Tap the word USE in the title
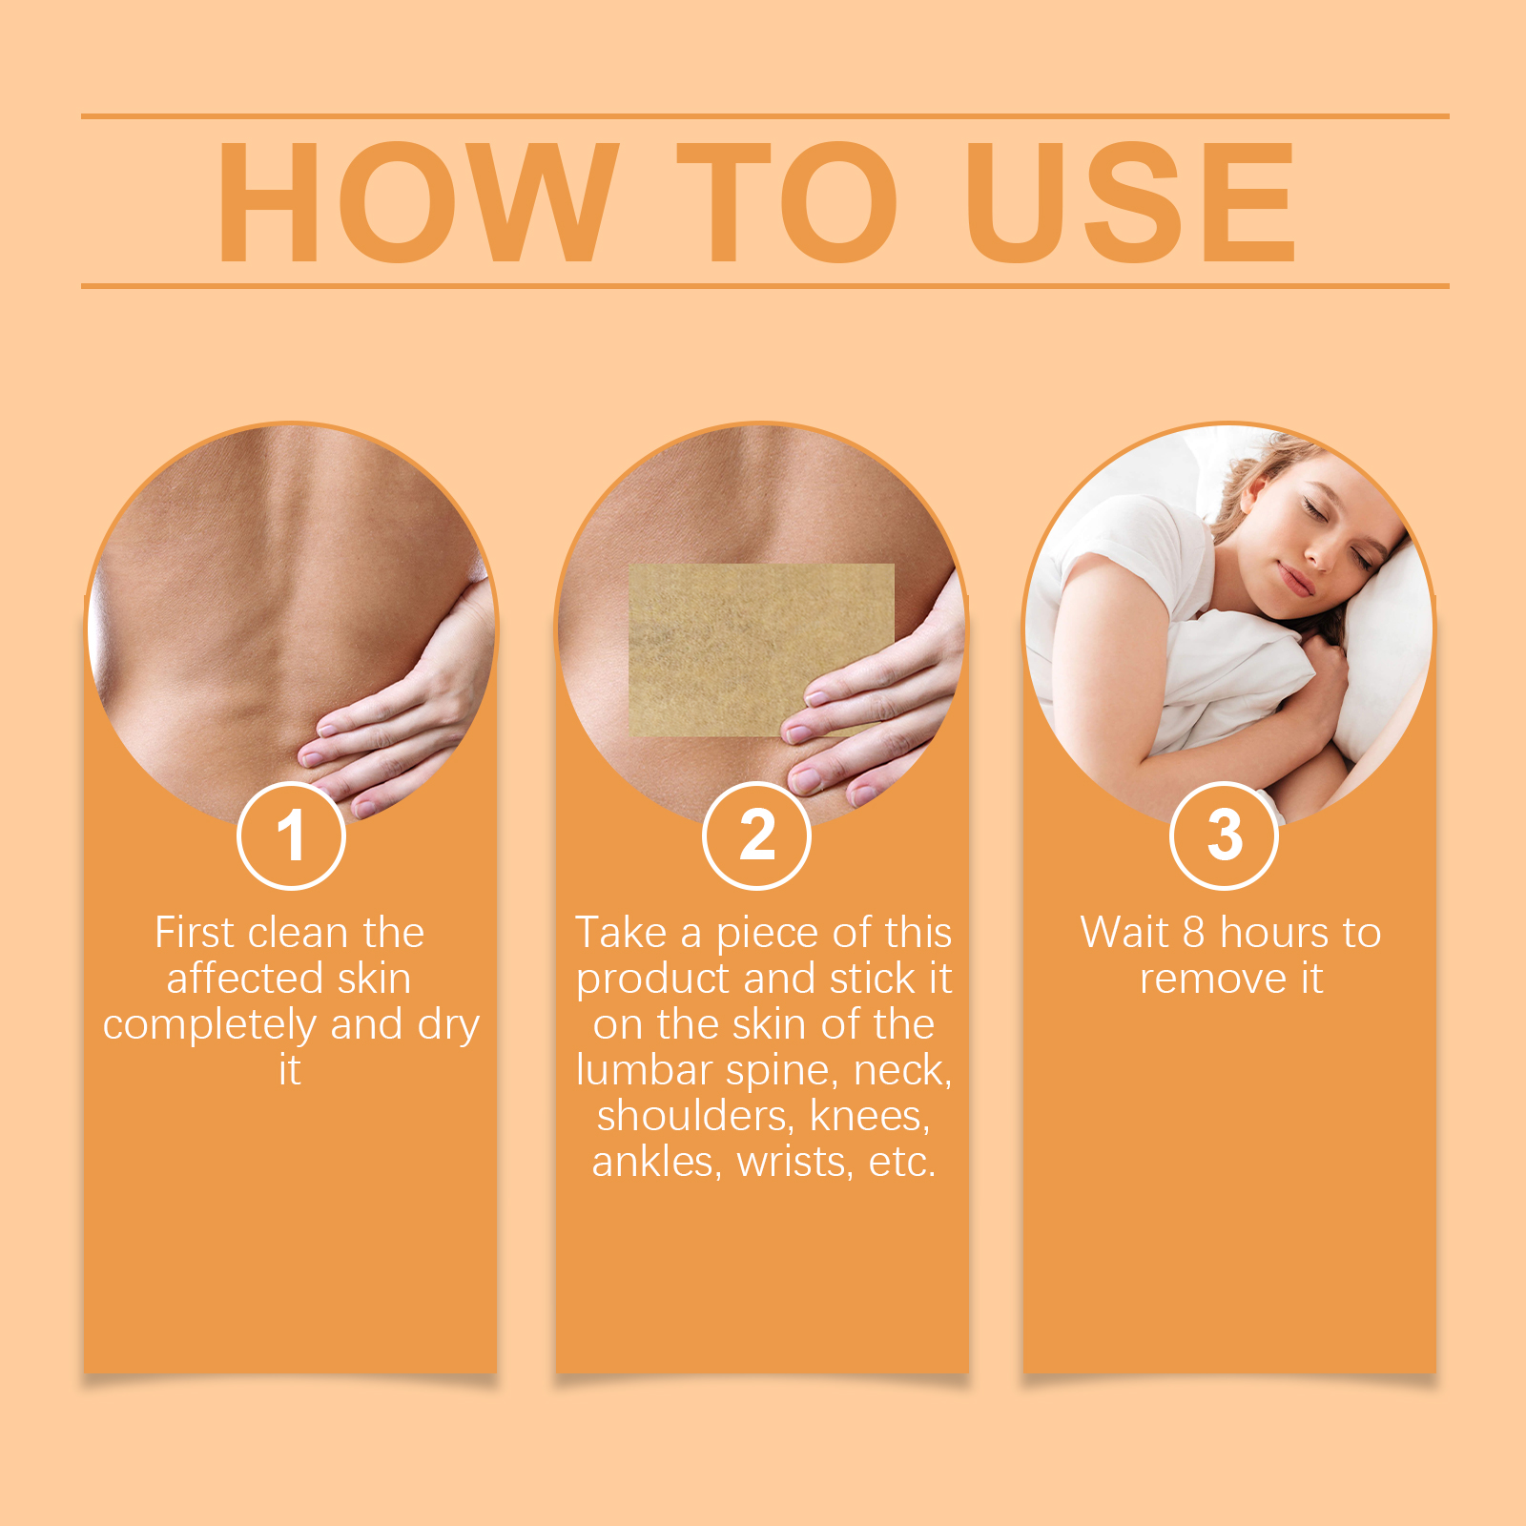click(1130, 202)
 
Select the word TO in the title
click(788, 202)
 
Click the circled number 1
click(291, 835)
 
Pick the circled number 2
click(757, 835)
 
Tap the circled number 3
click(1224, 835)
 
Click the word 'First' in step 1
click(195, 933)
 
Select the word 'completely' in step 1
click(211, 1026)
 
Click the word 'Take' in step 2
click(621, 933)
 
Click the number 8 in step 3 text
click(1194, 933)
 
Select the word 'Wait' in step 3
click(1124, 933)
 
